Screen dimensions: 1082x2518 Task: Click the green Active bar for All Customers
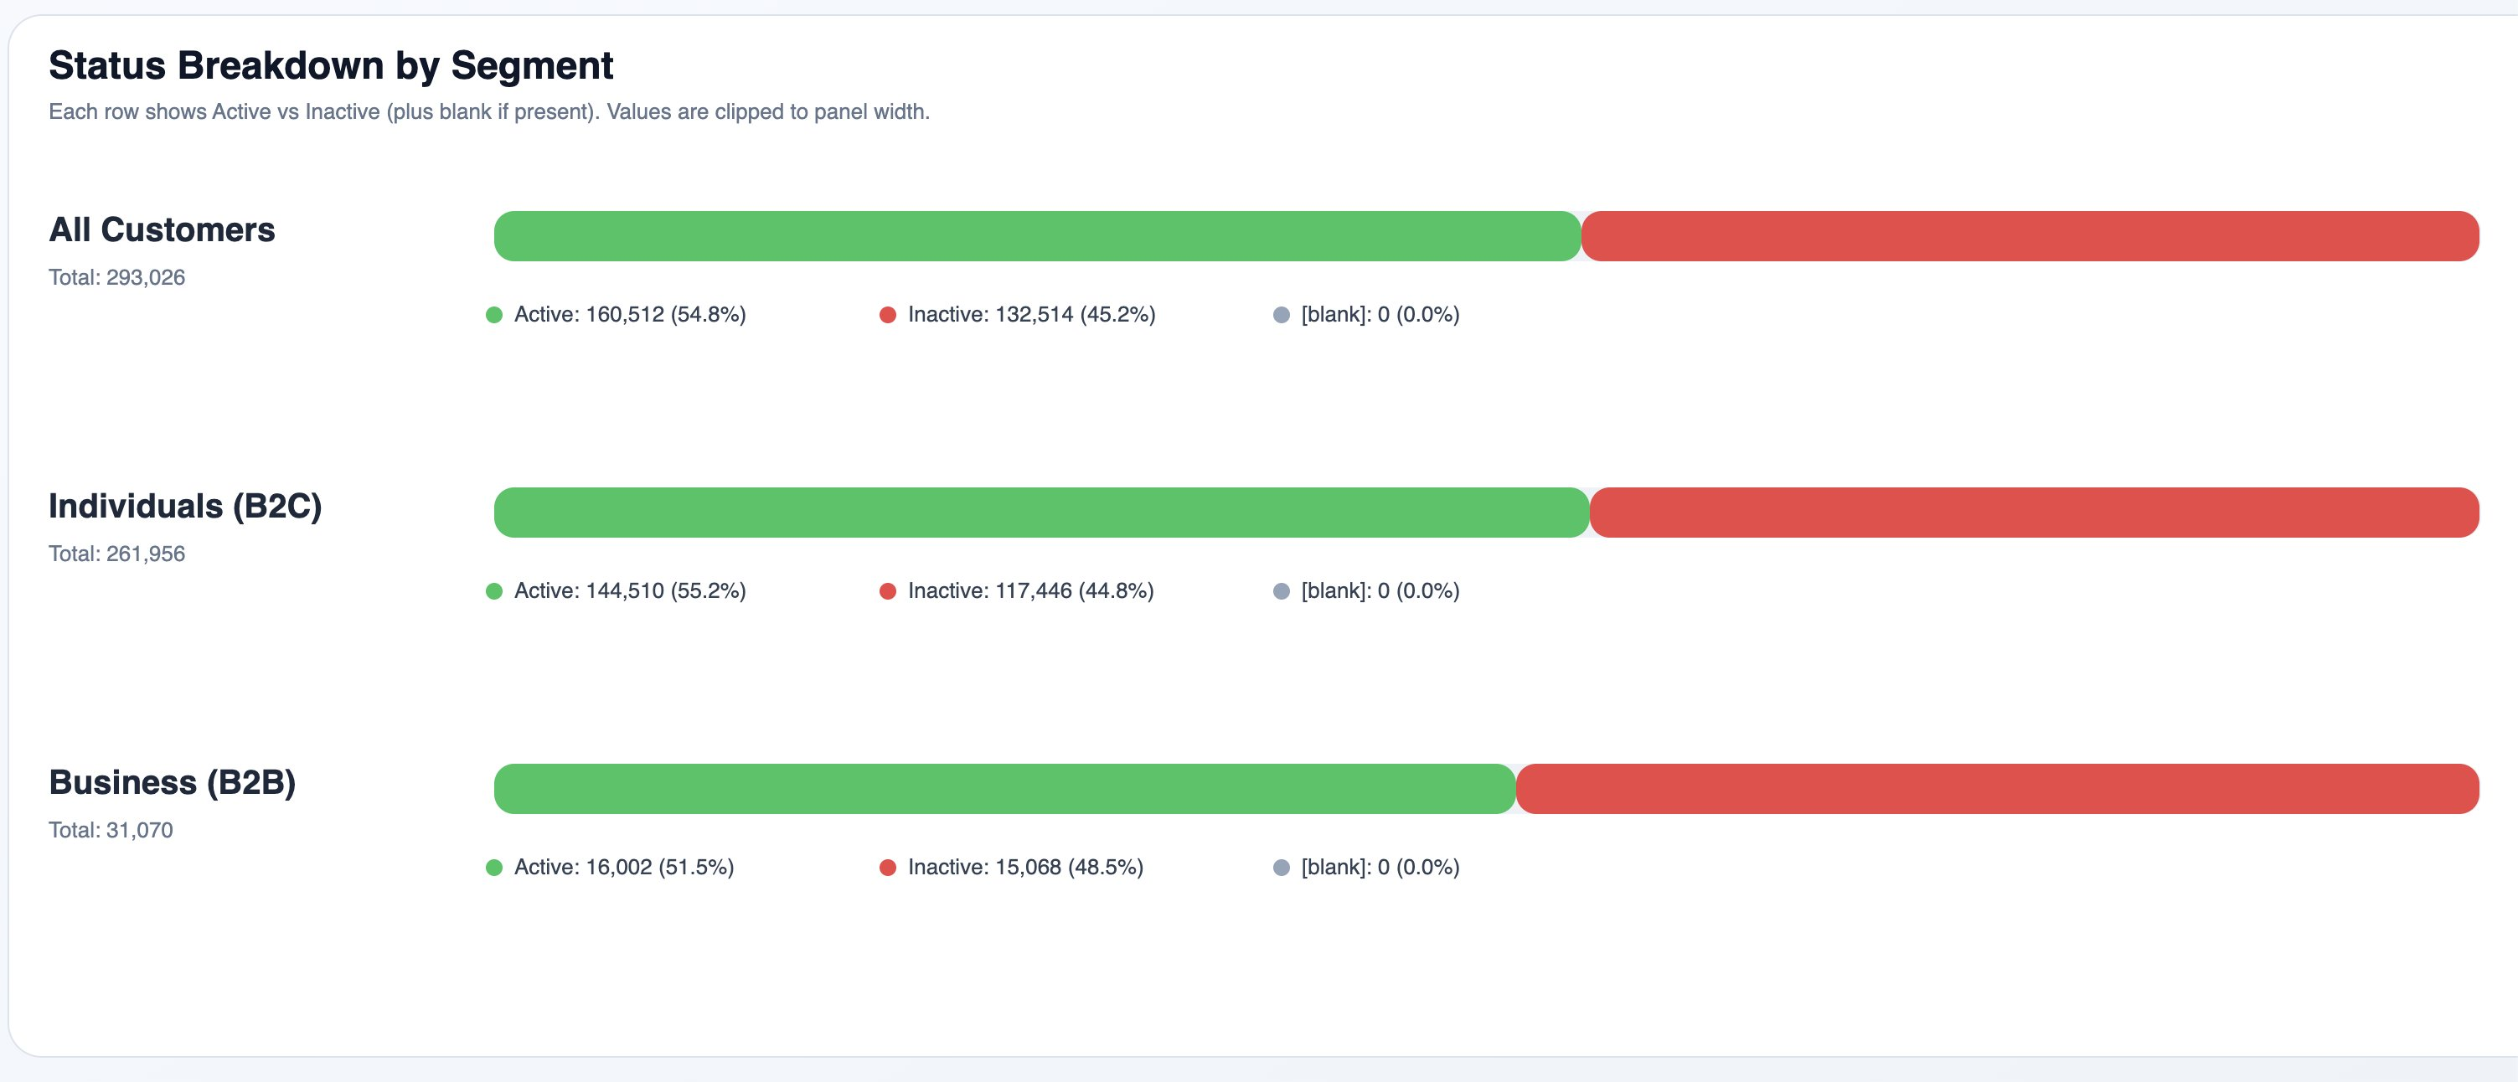1036,236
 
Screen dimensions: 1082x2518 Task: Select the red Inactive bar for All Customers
2030,236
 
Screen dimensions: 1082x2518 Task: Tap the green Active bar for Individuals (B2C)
1041,513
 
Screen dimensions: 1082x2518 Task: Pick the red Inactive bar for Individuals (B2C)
2034,513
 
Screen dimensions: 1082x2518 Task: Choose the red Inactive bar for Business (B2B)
1997,790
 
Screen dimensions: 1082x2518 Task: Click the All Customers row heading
163,230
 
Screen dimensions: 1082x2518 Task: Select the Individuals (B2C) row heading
185,508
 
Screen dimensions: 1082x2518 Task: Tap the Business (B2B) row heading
172,783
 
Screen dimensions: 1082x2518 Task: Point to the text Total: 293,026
117,277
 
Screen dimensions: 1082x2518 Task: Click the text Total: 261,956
117,554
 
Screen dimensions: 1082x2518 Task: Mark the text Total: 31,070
111,831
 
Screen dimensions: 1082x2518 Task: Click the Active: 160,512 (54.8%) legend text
630,315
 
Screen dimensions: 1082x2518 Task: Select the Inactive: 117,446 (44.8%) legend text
1030,591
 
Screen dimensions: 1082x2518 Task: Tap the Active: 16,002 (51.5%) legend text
623,868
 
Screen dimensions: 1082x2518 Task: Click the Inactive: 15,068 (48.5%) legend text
1025,868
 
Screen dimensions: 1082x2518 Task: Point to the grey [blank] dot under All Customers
1282,315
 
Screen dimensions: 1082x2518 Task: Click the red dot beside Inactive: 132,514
888,315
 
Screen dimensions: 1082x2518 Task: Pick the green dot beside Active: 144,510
493,591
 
